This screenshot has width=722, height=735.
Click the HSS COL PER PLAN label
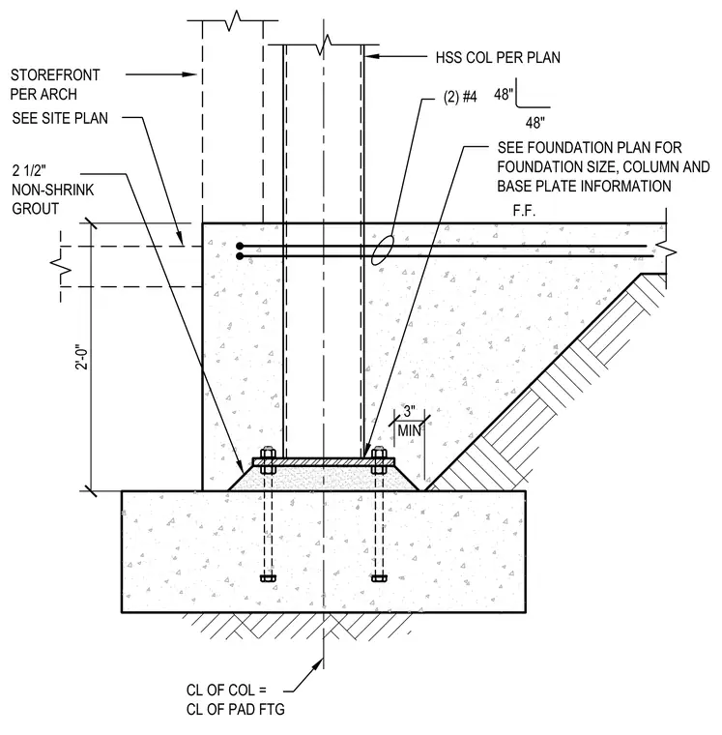click(498, 58)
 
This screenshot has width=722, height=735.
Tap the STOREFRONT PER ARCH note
click(55, 84)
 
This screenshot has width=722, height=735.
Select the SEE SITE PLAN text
click(60, 118)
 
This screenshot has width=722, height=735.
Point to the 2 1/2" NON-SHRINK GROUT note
click(52, 190)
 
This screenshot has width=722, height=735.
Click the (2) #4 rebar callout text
click(460, 97)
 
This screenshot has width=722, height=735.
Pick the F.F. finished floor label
click(524, 211)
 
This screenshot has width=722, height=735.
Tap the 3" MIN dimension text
click(410, 421)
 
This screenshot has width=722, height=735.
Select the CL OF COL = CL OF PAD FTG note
click(235, 699)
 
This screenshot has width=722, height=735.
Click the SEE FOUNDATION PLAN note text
click(603, 167)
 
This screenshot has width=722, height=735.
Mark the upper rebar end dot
click(240, 246)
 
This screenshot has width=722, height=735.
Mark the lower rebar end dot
click(240, 256)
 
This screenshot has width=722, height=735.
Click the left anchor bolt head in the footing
click(268, 578)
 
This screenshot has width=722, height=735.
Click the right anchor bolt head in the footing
click(379, 578)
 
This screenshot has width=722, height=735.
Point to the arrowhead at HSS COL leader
click(371, 57)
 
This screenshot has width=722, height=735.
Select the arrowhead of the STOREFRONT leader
click(189, 74)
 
